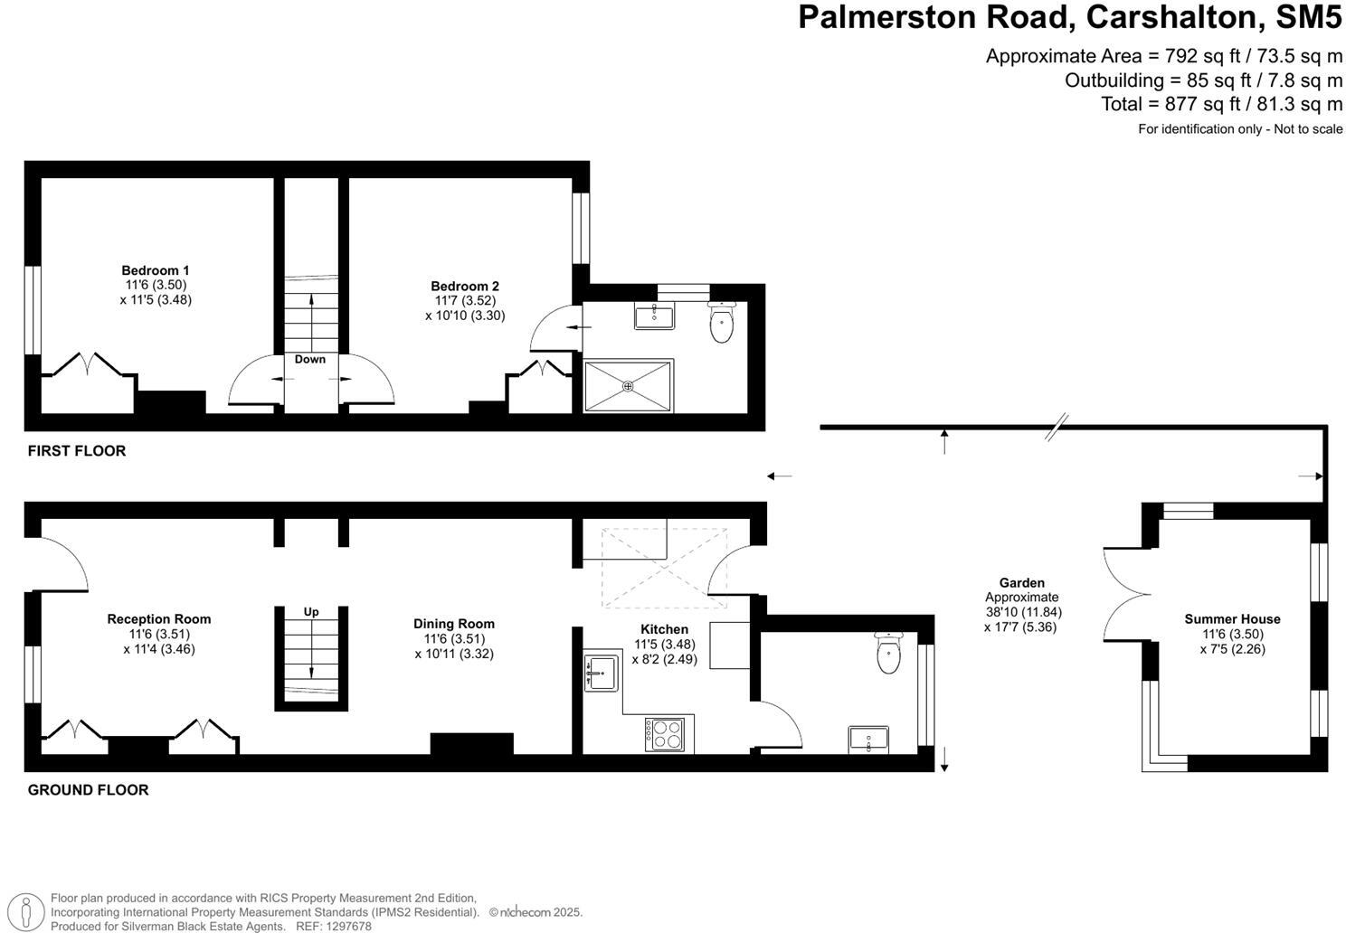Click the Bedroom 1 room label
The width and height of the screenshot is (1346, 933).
(156, 270)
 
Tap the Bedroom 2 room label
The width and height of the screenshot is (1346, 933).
(465, 287)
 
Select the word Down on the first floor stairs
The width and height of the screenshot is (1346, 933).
(310, 360)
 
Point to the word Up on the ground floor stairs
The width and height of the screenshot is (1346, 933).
(311, 612)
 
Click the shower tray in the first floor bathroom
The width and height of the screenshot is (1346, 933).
(628, 386)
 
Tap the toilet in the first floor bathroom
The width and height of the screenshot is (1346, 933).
(721, 323)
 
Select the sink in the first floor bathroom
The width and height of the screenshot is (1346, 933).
(653, 316)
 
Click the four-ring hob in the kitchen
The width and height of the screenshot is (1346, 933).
(664, 732)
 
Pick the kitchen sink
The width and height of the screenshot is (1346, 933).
(601, 673)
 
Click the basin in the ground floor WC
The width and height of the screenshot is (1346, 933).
(868, 740)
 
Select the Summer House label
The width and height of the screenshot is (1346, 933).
(1232, 619)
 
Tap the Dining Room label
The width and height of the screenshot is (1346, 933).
(454, 624)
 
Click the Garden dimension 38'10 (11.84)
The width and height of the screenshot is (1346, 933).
(1022, 612)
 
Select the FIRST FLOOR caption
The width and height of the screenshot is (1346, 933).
(77, 451)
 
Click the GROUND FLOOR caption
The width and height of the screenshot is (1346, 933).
(88, 790)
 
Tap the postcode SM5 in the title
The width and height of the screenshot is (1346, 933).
(1308, 17)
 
